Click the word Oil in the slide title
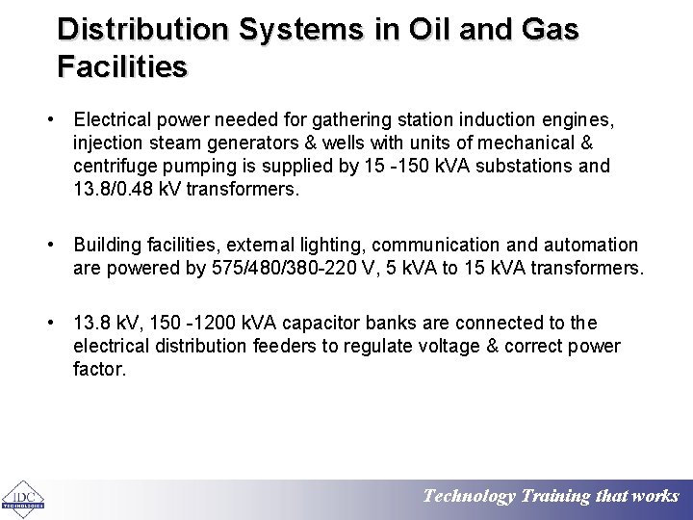[410, 29]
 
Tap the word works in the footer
[657, 497]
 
